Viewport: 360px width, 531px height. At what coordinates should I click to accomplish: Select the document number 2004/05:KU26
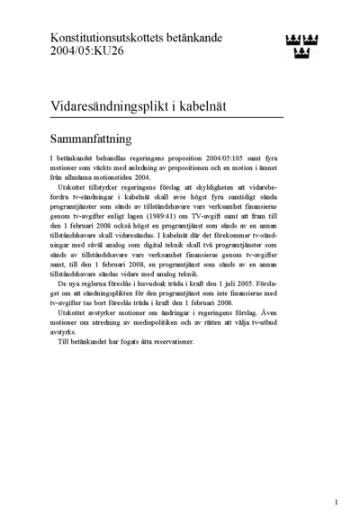tap(88, 52)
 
